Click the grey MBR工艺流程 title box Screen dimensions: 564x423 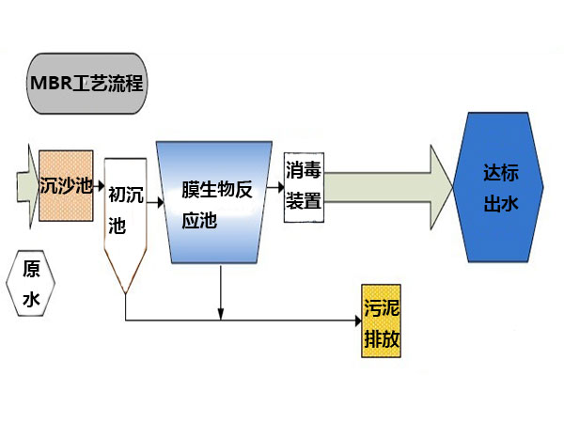point(87,84)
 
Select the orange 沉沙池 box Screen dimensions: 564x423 point(66,185)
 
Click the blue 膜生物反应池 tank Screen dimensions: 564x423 point(214,202)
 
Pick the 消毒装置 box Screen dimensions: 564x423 point(304,187)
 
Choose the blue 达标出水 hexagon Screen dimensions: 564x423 point(498,187)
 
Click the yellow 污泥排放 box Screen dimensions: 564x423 point(381,321)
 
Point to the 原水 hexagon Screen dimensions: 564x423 point(31,284)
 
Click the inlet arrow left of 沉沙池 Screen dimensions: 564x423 point(27,187)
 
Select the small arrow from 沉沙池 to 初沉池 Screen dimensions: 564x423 point(99,186)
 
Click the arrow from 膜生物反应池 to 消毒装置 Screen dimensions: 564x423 point(275,187)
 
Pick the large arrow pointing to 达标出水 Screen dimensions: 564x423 point(388,187)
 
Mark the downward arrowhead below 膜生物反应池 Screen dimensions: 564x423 point(221,314)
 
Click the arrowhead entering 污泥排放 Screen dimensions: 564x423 point(358,321)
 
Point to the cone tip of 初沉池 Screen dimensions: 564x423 point(126,293)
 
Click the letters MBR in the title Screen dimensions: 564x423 point(52,83)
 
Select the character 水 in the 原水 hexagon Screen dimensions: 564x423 point(31,299)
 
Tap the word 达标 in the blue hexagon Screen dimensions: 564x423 point(501,173)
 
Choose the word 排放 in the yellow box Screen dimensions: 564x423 point(382,338)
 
